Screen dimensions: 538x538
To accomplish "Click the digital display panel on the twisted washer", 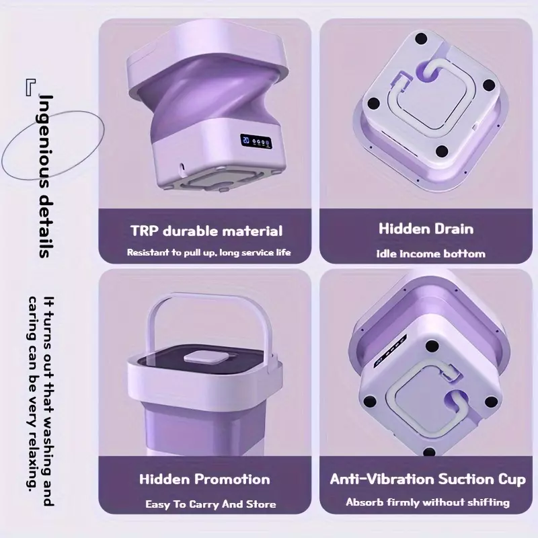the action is coord(256,141).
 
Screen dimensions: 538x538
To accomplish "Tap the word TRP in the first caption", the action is coord(145,231).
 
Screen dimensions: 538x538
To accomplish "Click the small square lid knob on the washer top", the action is coord(206,357).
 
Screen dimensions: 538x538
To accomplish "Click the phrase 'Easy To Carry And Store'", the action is coord(210,504).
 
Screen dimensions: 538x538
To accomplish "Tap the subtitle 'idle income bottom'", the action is coord(431,254).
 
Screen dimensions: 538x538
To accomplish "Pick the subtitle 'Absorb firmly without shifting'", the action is coord(428,502).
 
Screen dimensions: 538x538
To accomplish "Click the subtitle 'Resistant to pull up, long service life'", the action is coord(209,253).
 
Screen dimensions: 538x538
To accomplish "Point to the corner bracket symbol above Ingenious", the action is coord(30,87).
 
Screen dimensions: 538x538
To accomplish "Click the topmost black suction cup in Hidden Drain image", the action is coord(421,38).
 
